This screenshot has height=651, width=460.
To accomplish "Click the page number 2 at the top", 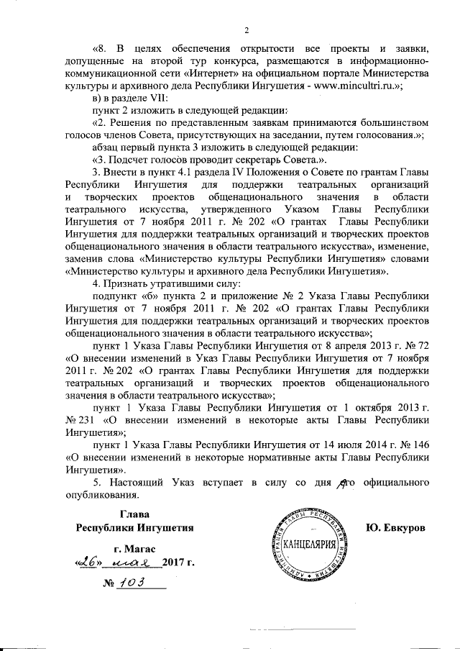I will (x=246, y=29).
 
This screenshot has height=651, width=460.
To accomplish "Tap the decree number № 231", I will (x=83, y=419).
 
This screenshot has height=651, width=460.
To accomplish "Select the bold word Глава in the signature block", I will (x=134, y=514).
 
